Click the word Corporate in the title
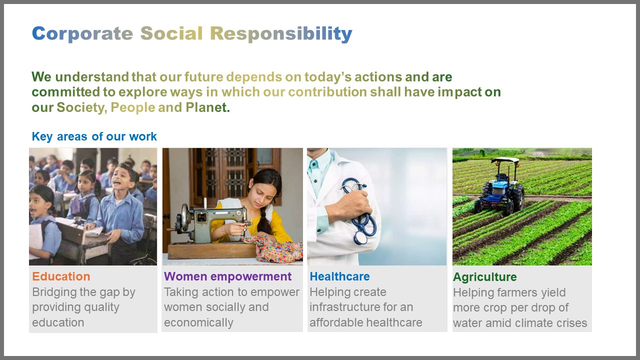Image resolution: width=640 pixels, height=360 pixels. [x=82, y=34]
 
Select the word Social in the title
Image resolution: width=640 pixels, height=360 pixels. [x=171, y=33]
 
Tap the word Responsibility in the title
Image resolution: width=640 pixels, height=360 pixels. [x=281, y=34]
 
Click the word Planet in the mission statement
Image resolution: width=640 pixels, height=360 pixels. [x=206, y=107]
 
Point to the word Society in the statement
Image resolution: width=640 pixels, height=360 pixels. [x=80, y=107]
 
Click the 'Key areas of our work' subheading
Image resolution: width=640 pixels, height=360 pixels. [x=94, y=136]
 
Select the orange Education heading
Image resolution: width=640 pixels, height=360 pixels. [x=61, y=276]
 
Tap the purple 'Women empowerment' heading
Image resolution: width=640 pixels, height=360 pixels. [x=227, y=276]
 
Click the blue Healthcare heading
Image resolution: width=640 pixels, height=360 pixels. [x=339, y=276]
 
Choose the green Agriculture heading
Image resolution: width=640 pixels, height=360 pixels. [x=485, y=277]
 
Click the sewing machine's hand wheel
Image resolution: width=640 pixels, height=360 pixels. [x=185, y=217]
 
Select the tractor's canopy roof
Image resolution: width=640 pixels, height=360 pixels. [x=505, y=160]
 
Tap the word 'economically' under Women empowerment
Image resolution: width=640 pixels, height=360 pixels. [x=198, y=323]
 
